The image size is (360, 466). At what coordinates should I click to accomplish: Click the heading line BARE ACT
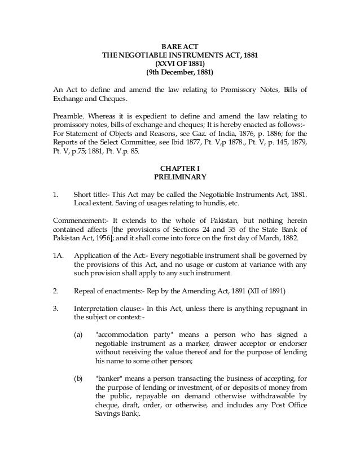(179, 46)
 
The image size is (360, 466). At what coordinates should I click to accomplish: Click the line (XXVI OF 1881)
(179, 64)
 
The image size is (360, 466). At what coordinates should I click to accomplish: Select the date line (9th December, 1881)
(179, 73)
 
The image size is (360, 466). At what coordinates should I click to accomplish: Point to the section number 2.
(55, 292)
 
